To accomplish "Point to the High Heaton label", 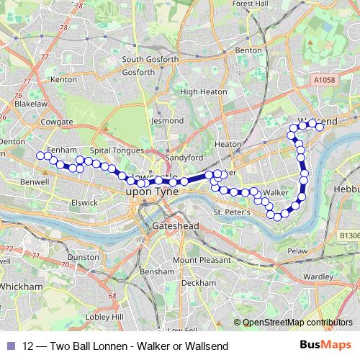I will tap(199, 92).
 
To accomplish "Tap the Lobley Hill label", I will tap(101, 316).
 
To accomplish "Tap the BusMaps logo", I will tap(326, 346).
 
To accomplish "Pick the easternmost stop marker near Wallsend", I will tap(320, 127).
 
